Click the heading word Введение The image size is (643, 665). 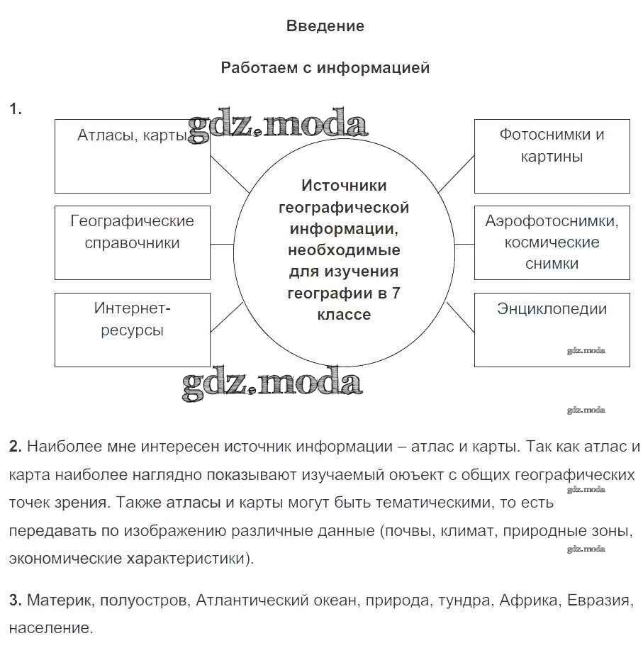point(325,26)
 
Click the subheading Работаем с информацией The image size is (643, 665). point(325,68)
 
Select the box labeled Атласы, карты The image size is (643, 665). point(133,156)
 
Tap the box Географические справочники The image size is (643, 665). point(133,242)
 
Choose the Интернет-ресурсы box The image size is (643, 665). point(133,330)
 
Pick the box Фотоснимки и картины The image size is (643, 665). point(552,156)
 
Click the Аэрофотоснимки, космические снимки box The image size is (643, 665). point(552,242)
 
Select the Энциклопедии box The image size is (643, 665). point(552,330)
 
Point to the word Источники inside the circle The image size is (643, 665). point(344,186)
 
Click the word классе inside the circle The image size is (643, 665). point(344,315)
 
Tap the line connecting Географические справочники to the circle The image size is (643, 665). point(222,243)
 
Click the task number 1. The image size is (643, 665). point(15,109)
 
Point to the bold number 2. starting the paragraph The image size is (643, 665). point(16,447)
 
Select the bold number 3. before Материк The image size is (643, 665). point(16,601)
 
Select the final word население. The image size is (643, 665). point(50,628)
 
